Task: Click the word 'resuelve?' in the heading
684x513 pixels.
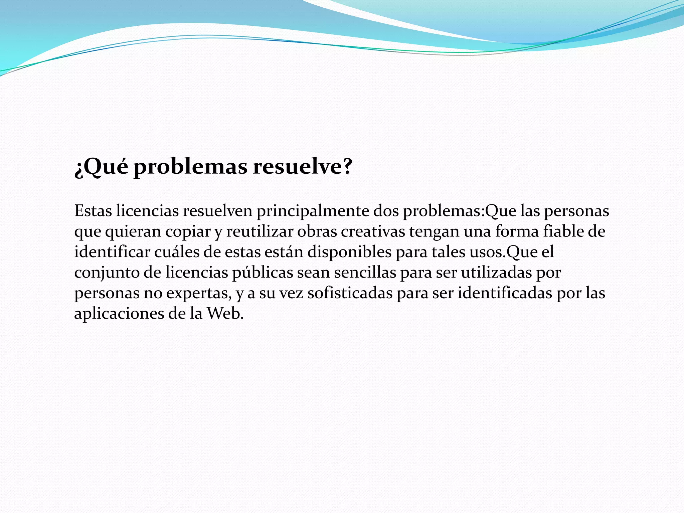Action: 302,166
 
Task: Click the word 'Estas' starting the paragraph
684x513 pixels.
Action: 93,211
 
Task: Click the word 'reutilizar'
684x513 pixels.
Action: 260,231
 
